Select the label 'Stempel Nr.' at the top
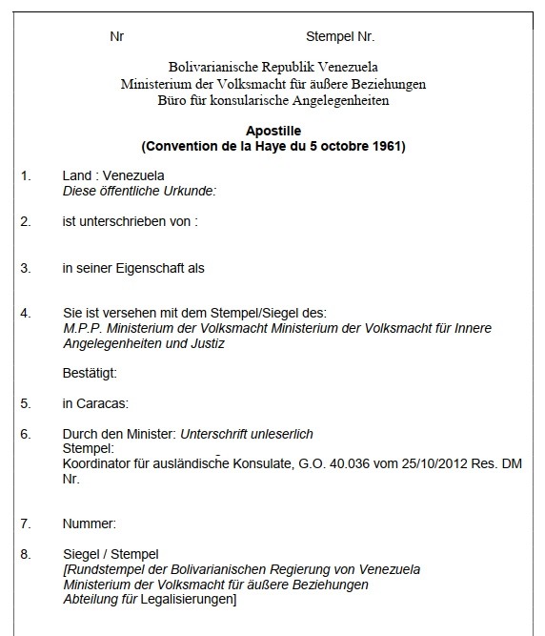click(340, 37)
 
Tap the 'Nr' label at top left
click(117, 37)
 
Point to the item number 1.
click(26, 176)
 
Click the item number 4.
click(26, 312)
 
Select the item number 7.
click(26, 523)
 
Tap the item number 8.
click(26, 554)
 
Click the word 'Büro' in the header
click(173, 100)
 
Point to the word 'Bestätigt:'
click(90, 373)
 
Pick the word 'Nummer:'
click(89, 523)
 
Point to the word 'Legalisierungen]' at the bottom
click(191, 600)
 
